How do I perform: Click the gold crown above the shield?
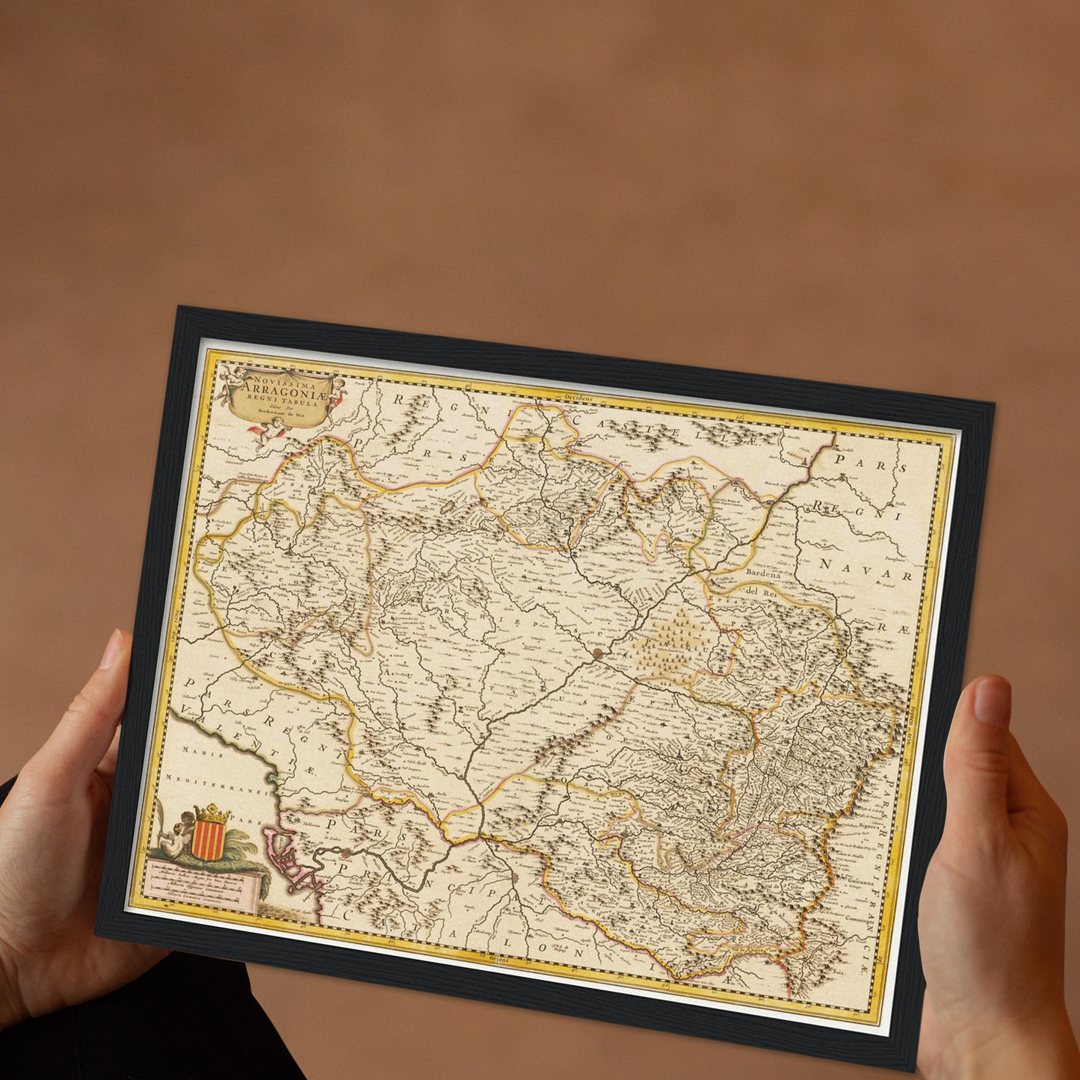click(212, 813)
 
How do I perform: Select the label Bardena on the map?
click(762, 574)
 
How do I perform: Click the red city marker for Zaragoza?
click(597, 653)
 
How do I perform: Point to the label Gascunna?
click(860, 883)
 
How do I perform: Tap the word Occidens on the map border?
click(578, 400)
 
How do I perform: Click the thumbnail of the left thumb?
click(111, 649)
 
